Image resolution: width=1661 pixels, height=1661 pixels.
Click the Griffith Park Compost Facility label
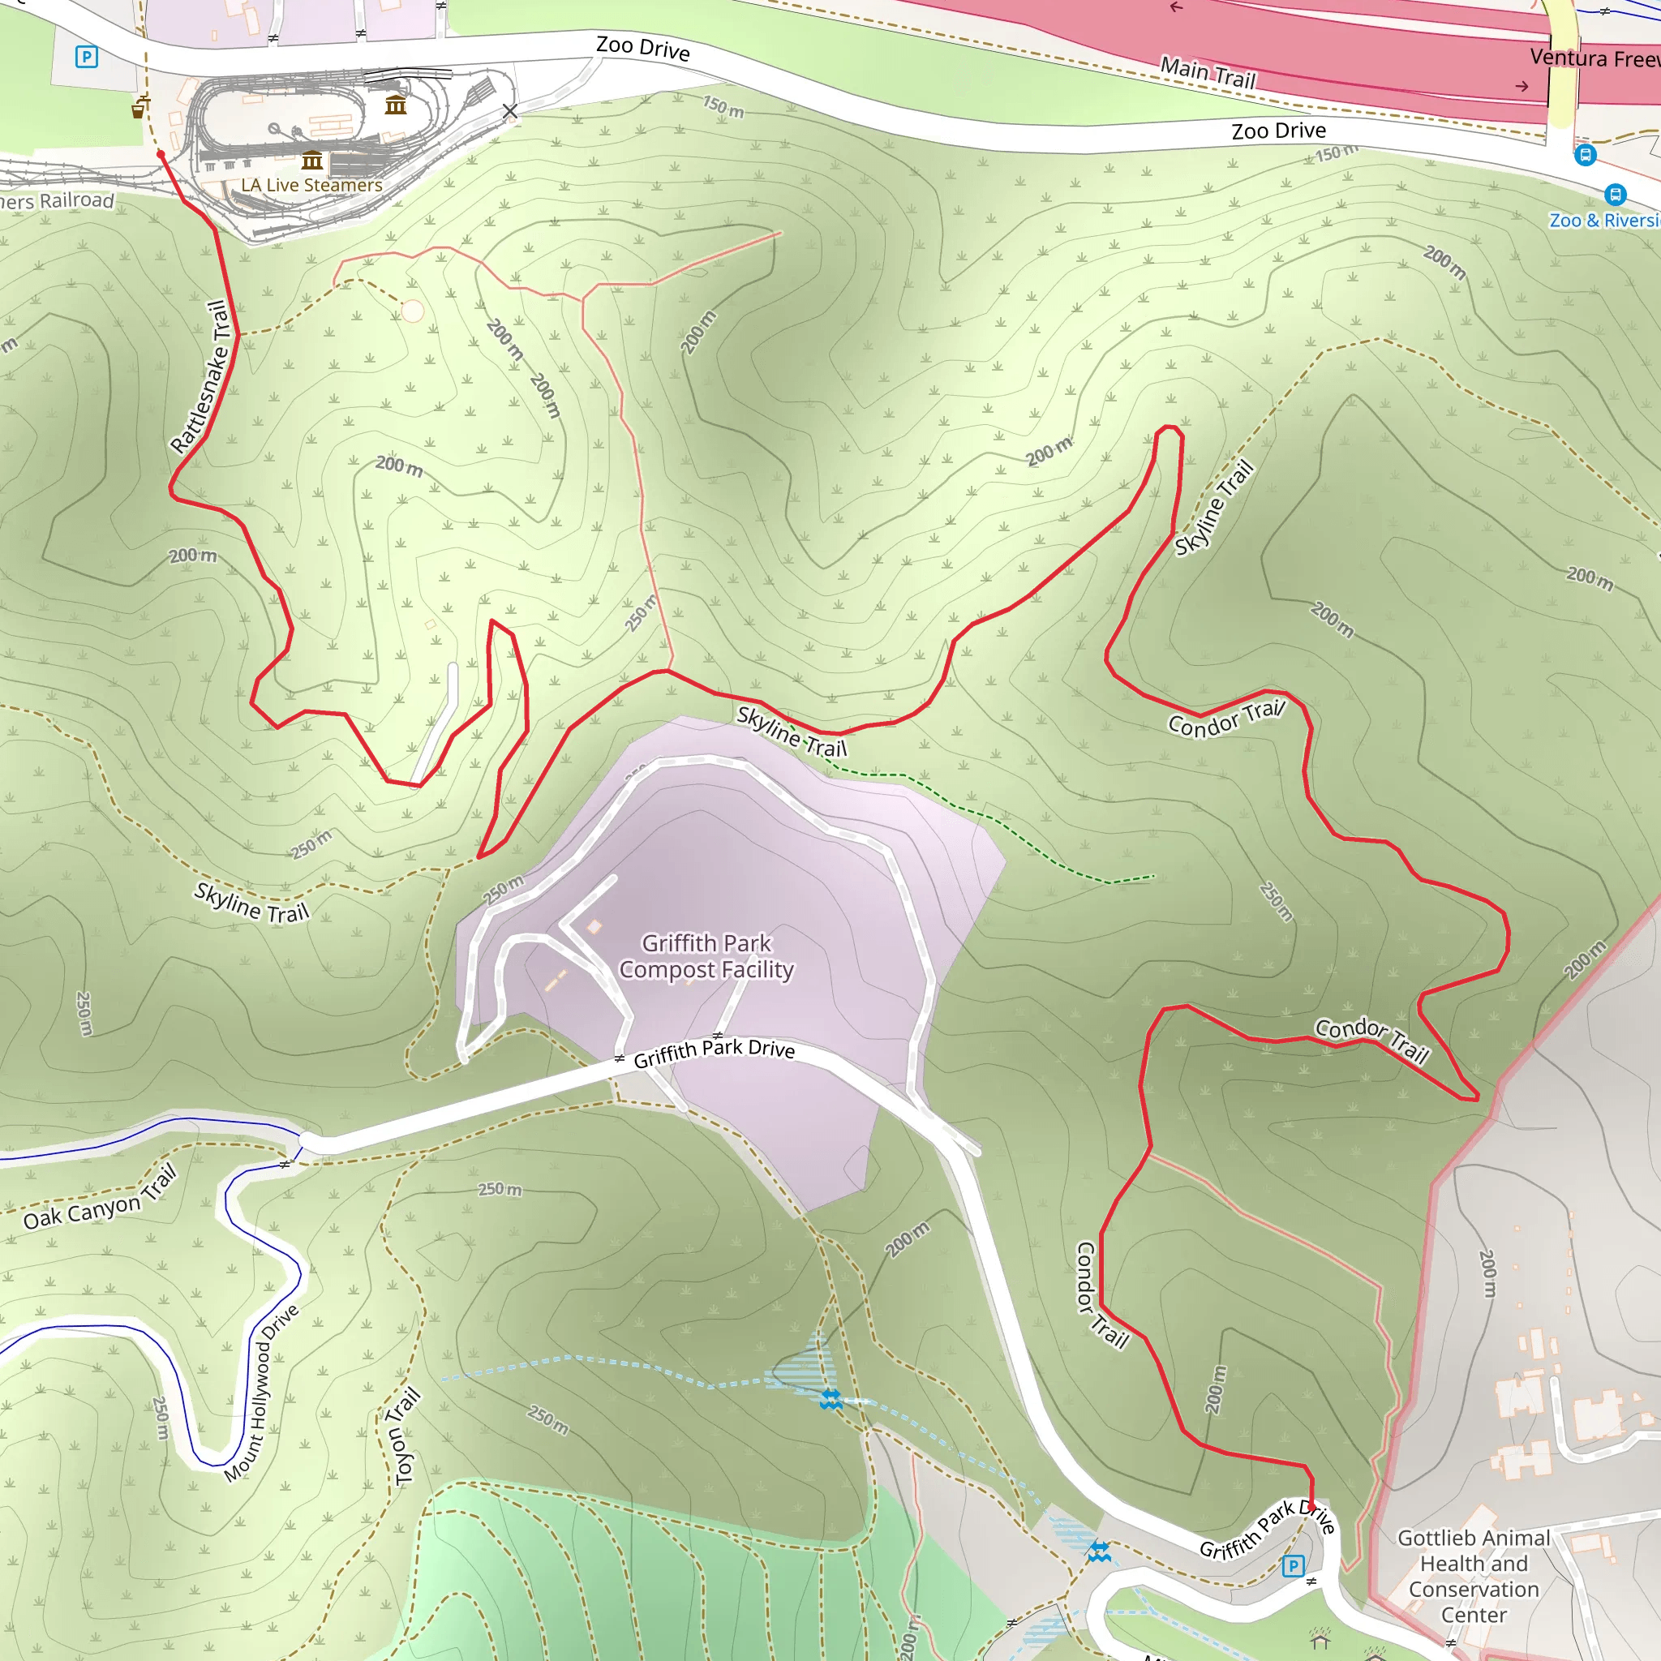click(706, 956)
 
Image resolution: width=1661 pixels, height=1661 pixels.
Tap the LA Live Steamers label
click(311, 185)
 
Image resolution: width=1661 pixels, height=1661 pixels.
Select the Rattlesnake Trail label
click(200, 376)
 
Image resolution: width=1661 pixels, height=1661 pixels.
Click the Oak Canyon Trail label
click(100, 1197)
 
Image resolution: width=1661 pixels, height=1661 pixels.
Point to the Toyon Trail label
click(406, 1436)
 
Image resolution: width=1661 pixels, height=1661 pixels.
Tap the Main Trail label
click(1208, 72)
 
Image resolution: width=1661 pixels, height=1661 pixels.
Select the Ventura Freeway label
click(1594, 58)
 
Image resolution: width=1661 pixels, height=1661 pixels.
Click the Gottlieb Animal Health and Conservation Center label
click(1474, 1576)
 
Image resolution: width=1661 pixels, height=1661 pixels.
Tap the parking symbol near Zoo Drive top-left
click(86, 58)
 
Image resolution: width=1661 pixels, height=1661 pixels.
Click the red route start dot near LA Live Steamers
click(161, 155)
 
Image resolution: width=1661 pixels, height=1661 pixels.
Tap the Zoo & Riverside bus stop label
click(1604, 220)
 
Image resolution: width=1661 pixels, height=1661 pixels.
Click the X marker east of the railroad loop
click(510, 111)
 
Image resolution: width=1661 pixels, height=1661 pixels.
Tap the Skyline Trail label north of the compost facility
click(792, 732)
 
